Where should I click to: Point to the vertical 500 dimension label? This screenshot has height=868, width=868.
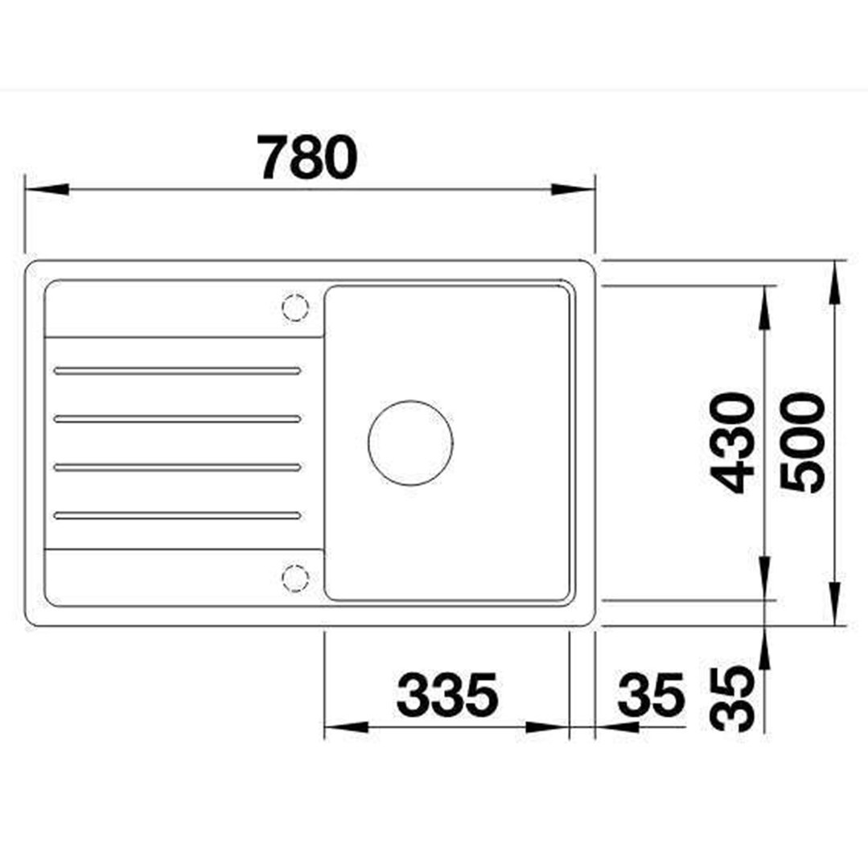[802, 442]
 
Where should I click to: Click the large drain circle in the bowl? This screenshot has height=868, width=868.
[410, 442]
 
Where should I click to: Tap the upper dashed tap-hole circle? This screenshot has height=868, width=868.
[295, 307]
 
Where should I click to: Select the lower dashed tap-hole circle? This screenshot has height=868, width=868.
[295, 577]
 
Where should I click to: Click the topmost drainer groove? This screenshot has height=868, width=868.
[178, 371]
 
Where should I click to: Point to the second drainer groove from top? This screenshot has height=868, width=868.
[178, 419]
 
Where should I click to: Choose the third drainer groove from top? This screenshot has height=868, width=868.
[178, 467]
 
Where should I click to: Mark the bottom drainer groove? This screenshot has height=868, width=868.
[178, 516]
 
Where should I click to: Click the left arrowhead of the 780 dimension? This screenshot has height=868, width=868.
[45, 190]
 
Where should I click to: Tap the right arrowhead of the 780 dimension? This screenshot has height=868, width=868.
[573, 190]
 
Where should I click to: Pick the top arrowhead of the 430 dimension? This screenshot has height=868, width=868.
[764, 306]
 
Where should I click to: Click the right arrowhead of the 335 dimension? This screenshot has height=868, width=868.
[549, 727]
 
